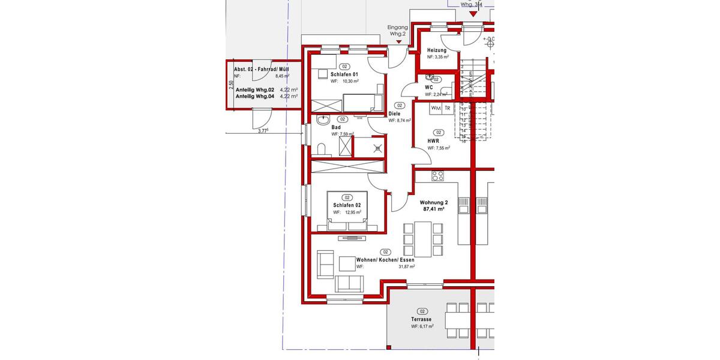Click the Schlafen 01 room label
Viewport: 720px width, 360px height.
pyautogui.click(x=344, y=74)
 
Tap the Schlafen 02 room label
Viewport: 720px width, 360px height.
pyautogui.click(x=347, y=205)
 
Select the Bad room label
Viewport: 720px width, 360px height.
pyautogui.click(x=336, y=127)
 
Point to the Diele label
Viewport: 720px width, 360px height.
pyautogui.click(x=394, y=113)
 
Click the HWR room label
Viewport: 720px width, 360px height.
pyautogui.click(x=433, y=141)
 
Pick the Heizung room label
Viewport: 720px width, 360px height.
pyautogui.click(x=437, y=50)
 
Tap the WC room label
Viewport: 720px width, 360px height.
pyautogui.click(x=429, y=88)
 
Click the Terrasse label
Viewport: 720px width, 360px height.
pyautogui.click(x=422, y=320)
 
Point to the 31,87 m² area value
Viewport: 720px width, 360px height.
pyautogui.click(x=407, y=266)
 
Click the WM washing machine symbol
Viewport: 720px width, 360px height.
pyautogui.click(x=436, y=108)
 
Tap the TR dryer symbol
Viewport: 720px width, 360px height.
pyautogui.click(x=448, y=108)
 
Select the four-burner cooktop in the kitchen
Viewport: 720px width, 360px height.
pyautogui.click(x=438, y=176)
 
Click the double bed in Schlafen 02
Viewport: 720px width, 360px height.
pyautogui.click(x=347, y=210)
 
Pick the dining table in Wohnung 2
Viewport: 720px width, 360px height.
pyautogui.click(x=424, y=238)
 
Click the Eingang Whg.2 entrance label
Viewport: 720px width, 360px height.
pyautogui.click(x=397, y=31)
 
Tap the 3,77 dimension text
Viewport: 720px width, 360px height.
pyautogui.click(x=263, y=131)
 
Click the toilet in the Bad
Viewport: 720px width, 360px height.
pyautogui.click(x=322, y=148)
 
